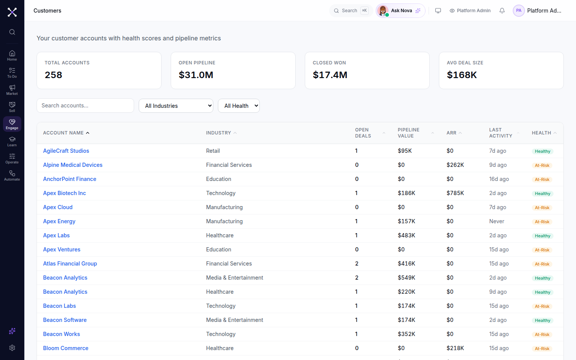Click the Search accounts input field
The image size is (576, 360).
[85, 106]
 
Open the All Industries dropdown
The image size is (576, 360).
[176, 106]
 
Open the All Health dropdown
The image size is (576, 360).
[238, 106]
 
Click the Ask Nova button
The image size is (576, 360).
[400, 11]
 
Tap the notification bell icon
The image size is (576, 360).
[502, 11]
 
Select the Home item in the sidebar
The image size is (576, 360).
[12, 56]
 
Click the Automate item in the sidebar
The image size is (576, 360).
[12, 176]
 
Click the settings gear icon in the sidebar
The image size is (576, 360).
[12, 348]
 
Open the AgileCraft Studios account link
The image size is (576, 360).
[66, 151]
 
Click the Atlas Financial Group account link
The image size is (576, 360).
[70, 264]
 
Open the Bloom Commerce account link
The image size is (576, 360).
[66, 348]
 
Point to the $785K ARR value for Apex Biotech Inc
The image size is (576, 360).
[455, 193]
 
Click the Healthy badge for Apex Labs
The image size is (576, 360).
[542, 236]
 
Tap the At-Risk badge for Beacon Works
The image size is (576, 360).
[542, 334]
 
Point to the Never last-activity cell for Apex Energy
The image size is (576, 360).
[496, 221]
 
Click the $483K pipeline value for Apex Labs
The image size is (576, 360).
[406, 235]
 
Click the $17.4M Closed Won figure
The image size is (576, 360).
[330, 75]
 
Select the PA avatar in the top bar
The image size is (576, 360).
[518, 11]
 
